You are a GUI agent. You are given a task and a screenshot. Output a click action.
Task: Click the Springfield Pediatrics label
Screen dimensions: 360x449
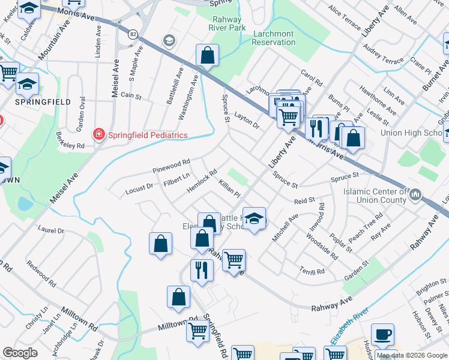(148, 135)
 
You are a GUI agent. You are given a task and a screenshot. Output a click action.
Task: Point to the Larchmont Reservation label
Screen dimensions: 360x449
(274, 38)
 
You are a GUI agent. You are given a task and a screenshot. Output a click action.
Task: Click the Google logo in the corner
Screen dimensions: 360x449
(20, 353)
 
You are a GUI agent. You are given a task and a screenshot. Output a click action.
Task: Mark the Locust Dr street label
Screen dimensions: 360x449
(139, 189)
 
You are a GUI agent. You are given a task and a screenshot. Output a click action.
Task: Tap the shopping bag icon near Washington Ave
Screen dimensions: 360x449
(206, 56)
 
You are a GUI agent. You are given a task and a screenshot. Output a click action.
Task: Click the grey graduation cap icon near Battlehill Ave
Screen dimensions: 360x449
(169, 40)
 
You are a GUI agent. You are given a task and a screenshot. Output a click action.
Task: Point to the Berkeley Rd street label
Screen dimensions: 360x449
(71, 140)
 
